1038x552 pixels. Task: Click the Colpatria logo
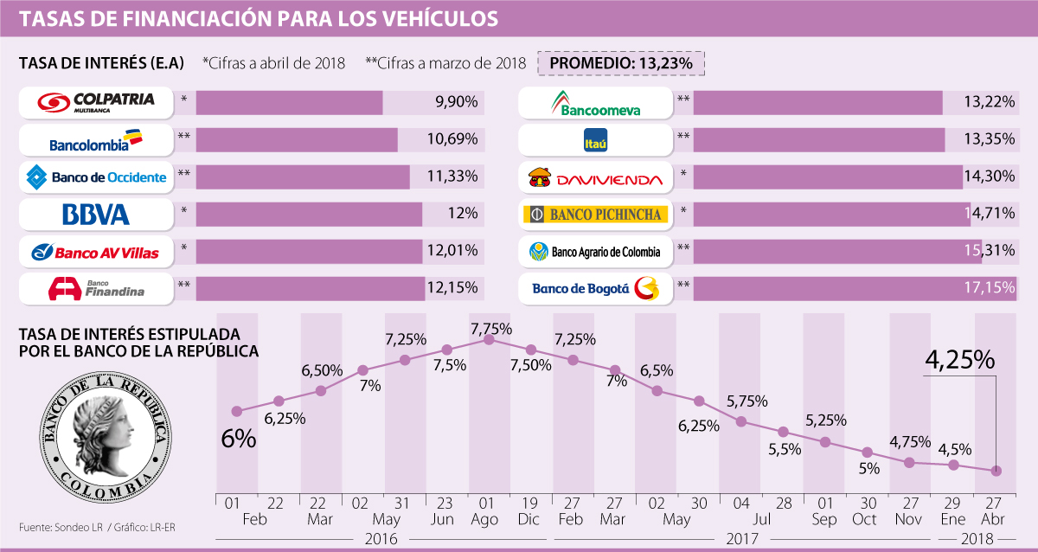(x=96, y=103)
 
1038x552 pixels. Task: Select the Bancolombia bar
(x=297, y=140)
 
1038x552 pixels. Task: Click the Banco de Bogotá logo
(x=595, y=289)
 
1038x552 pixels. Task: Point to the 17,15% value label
(x=988, y=289)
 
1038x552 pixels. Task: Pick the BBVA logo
(x=96, y=215)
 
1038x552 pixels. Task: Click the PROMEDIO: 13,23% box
(x=621, y=63)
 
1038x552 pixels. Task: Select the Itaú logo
(x=595, y=140)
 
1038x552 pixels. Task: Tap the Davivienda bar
(x=827, y=177)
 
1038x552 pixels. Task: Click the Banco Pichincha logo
(x=595, y=215)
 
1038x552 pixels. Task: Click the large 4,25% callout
(x=960, y=361)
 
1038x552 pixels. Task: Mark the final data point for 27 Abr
(x=996, y=471)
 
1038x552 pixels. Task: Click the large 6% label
(x=239, y=438)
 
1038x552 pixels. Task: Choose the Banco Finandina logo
(x=96, y=289)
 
